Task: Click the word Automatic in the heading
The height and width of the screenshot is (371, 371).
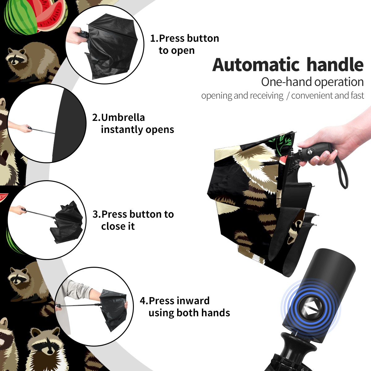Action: tap(256, 65)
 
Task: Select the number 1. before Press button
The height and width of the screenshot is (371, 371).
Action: tap(154, 38)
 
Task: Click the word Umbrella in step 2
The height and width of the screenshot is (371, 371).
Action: tap(123, 117)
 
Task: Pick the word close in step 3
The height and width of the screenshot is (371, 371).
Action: tap(112, 226)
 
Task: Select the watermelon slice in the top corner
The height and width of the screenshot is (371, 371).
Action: tap(51, 16)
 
